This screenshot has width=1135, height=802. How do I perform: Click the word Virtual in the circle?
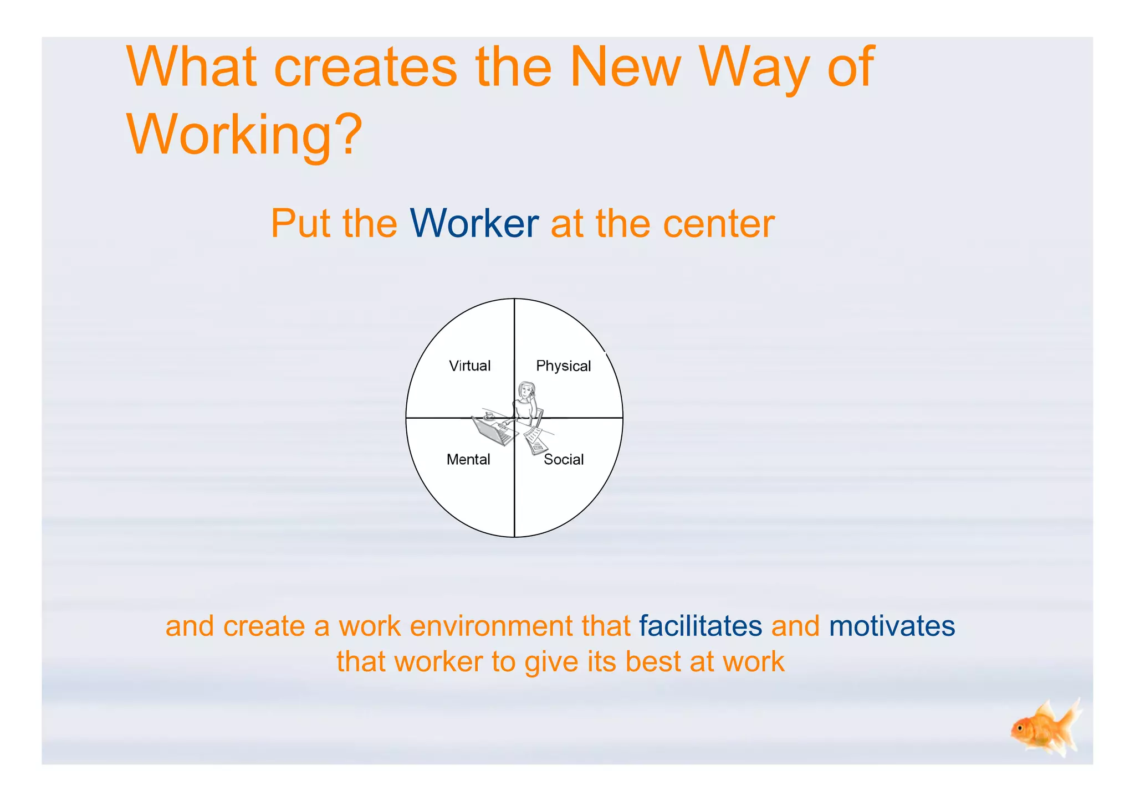click(x=469, y=366)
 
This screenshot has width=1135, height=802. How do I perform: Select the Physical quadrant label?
click(x=563, y=366)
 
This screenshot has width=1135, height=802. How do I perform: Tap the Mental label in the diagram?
click(x=468, y=460)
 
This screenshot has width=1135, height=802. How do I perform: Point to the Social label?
click(x=564, y=460)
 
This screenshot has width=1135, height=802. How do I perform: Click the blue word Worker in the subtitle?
click(x=474, y=224)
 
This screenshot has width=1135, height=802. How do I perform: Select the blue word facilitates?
click(x=701, y=626)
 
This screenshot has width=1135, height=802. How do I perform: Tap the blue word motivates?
click(x=892, y=626)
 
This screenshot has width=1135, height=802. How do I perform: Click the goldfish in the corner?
click(x=1044, y=729)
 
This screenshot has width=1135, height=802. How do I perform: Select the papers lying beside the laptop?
click(x=535, y=440)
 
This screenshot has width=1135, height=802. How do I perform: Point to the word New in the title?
click(x=625, y=68)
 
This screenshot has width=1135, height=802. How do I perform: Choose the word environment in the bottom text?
click(x=492, y=626)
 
